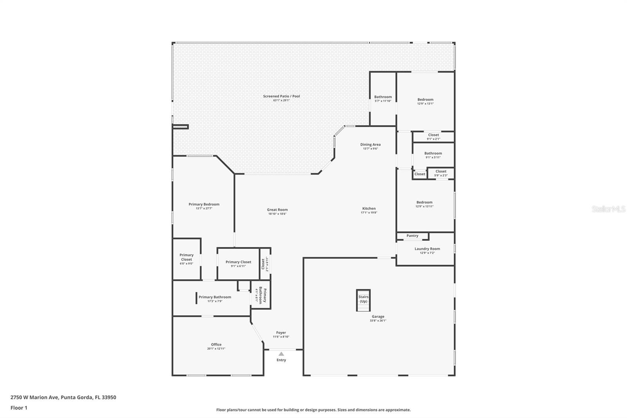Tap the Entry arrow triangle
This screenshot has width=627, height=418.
[x=281, y=354]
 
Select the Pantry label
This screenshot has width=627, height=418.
[x=412, y=236]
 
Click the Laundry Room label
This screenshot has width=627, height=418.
[x=427, y=249]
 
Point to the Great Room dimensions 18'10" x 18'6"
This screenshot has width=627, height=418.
[x=277, y=214]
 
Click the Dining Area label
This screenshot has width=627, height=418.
[x=370, y=144]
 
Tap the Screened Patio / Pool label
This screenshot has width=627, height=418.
[x=281, y=96]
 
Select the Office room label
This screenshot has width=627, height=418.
[x=216, y=344]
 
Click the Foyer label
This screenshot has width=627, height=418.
[x=281, y=333]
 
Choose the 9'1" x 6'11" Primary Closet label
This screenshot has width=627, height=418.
[x=238, y=262]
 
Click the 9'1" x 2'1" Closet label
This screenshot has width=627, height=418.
[x=433, y=135]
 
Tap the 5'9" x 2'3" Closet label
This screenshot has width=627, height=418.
[x=441, y=171]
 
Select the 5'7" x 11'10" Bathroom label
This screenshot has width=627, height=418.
[x=383, y=97]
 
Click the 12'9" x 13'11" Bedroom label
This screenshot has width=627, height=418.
[x=424, y=202]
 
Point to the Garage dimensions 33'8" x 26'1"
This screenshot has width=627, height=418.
[x=378, y=321]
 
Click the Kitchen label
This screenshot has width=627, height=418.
[x=369, y=209]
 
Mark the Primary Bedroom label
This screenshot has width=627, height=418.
[x=204, y=204]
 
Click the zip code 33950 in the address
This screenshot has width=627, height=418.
[x=109, y=397]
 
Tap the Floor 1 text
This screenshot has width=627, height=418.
[x=19, y=408]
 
